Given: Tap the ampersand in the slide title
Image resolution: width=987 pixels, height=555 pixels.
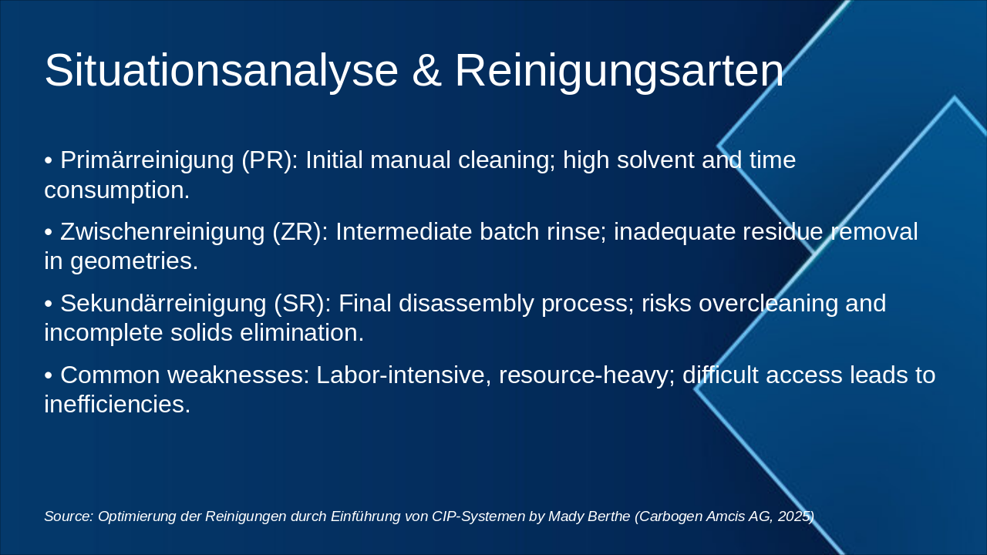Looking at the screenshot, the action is (x=426, y=70).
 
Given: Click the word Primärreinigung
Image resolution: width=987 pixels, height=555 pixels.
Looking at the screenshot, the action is (x=147, y=161).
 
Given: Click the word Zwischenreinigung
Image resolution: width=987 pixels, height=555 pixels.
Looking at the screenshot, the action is (x=163, y=233).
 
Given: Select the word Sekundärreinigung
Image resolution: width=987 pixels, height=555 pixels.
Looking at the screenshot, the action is (x=163, y=304).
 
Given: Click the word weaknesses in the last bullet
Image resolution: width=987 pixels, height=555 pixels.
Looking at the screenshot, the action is (x=239, y=375).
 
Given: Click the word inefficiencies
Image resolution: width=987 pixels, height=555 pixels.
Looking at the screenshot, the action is (x=117, y=405).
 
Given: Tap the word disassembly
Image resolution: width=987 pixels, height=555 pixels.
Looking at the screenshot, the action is (x=467, y=304).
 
